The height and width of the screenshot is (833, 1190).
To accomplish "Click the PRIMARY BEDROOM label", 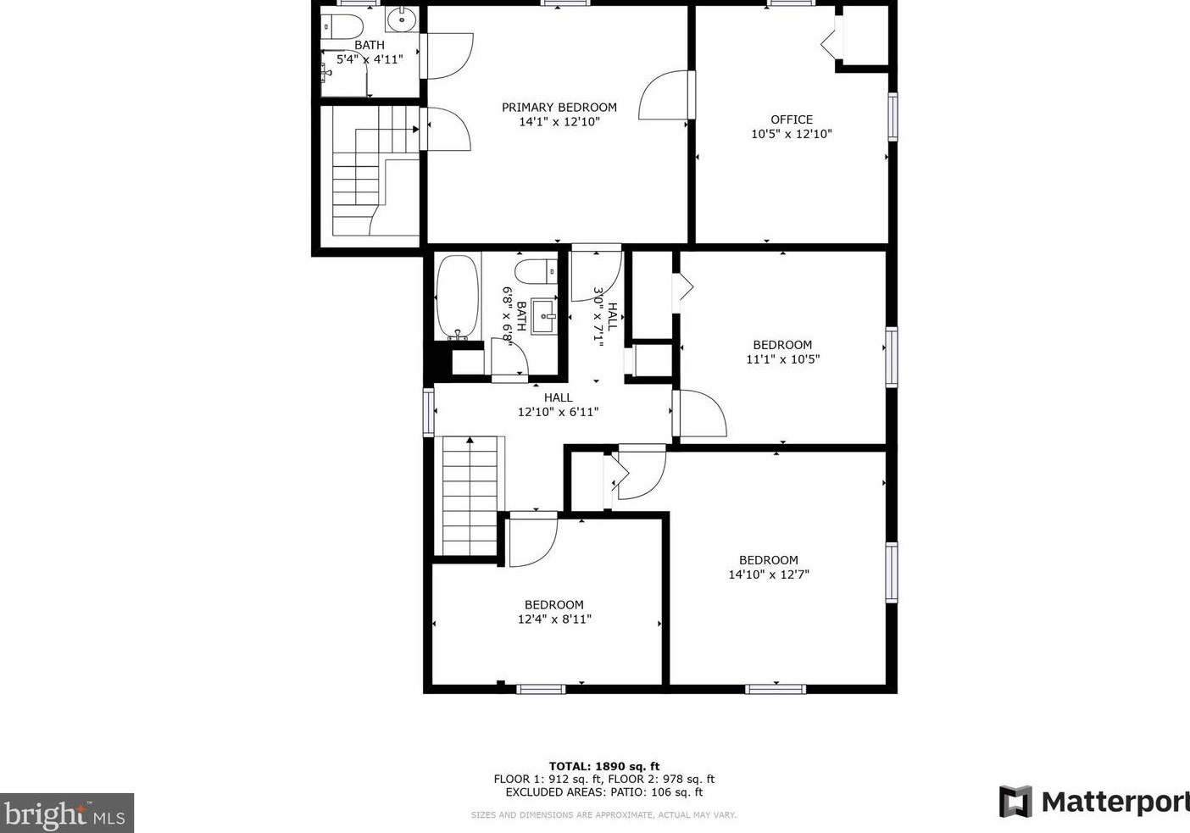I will click(x=559, y=108).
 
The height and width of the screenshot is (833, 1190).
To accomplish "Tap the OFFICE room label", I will click(x=791, y=119).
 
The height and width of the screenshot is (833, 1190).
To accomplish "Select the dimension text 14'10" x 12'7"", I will click(x=769, y=575).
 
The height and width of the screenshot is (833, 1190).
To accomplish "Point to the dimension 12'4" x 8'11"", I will click(x=554, y=619).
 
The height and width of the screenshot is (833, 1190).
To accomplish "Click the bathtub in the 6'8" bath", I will click(x=458, y=297).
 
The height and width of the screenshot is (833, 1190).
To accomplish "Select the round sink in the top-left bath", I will click(x=400, y=19).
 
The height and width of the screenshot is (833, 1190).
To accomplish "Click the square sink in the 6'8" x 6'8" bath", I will click(x=543, y=316).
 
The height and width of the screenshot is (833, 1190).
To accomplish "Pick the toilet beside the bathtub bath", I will click(x=535, y=272).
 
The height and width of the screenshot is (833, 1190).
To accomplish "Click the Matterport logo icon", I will click(x=1015, y=802).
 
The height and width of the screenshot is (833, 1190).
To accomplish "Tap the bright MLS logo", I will click(x=66, y=814).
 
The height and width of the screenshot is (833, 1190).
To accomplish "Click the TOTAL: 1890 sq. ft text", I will click(x=603, y=766).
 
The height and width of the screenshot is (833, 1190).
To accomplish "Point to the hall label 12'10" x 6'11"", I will click(x=558, y=413).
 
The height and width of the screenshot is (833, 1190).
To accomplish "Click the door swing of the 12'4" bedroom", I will click(x=531, y=541).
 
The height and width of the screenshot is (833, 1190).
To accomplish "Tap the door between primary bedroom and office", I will click(x=668, y=95).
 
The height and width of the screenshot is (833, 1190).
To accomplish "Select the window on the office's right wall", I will click(x=892, y=116).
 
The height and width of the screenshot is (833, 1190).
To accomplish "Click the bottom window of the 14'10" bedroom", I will click(x=776, y=688).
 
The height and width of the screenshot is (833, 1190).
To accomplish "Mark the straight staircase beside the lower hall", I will click(x=469, y=496).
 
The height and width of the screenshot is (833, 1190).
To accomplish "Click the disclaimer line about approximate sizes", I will click(x=603, y=815).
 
